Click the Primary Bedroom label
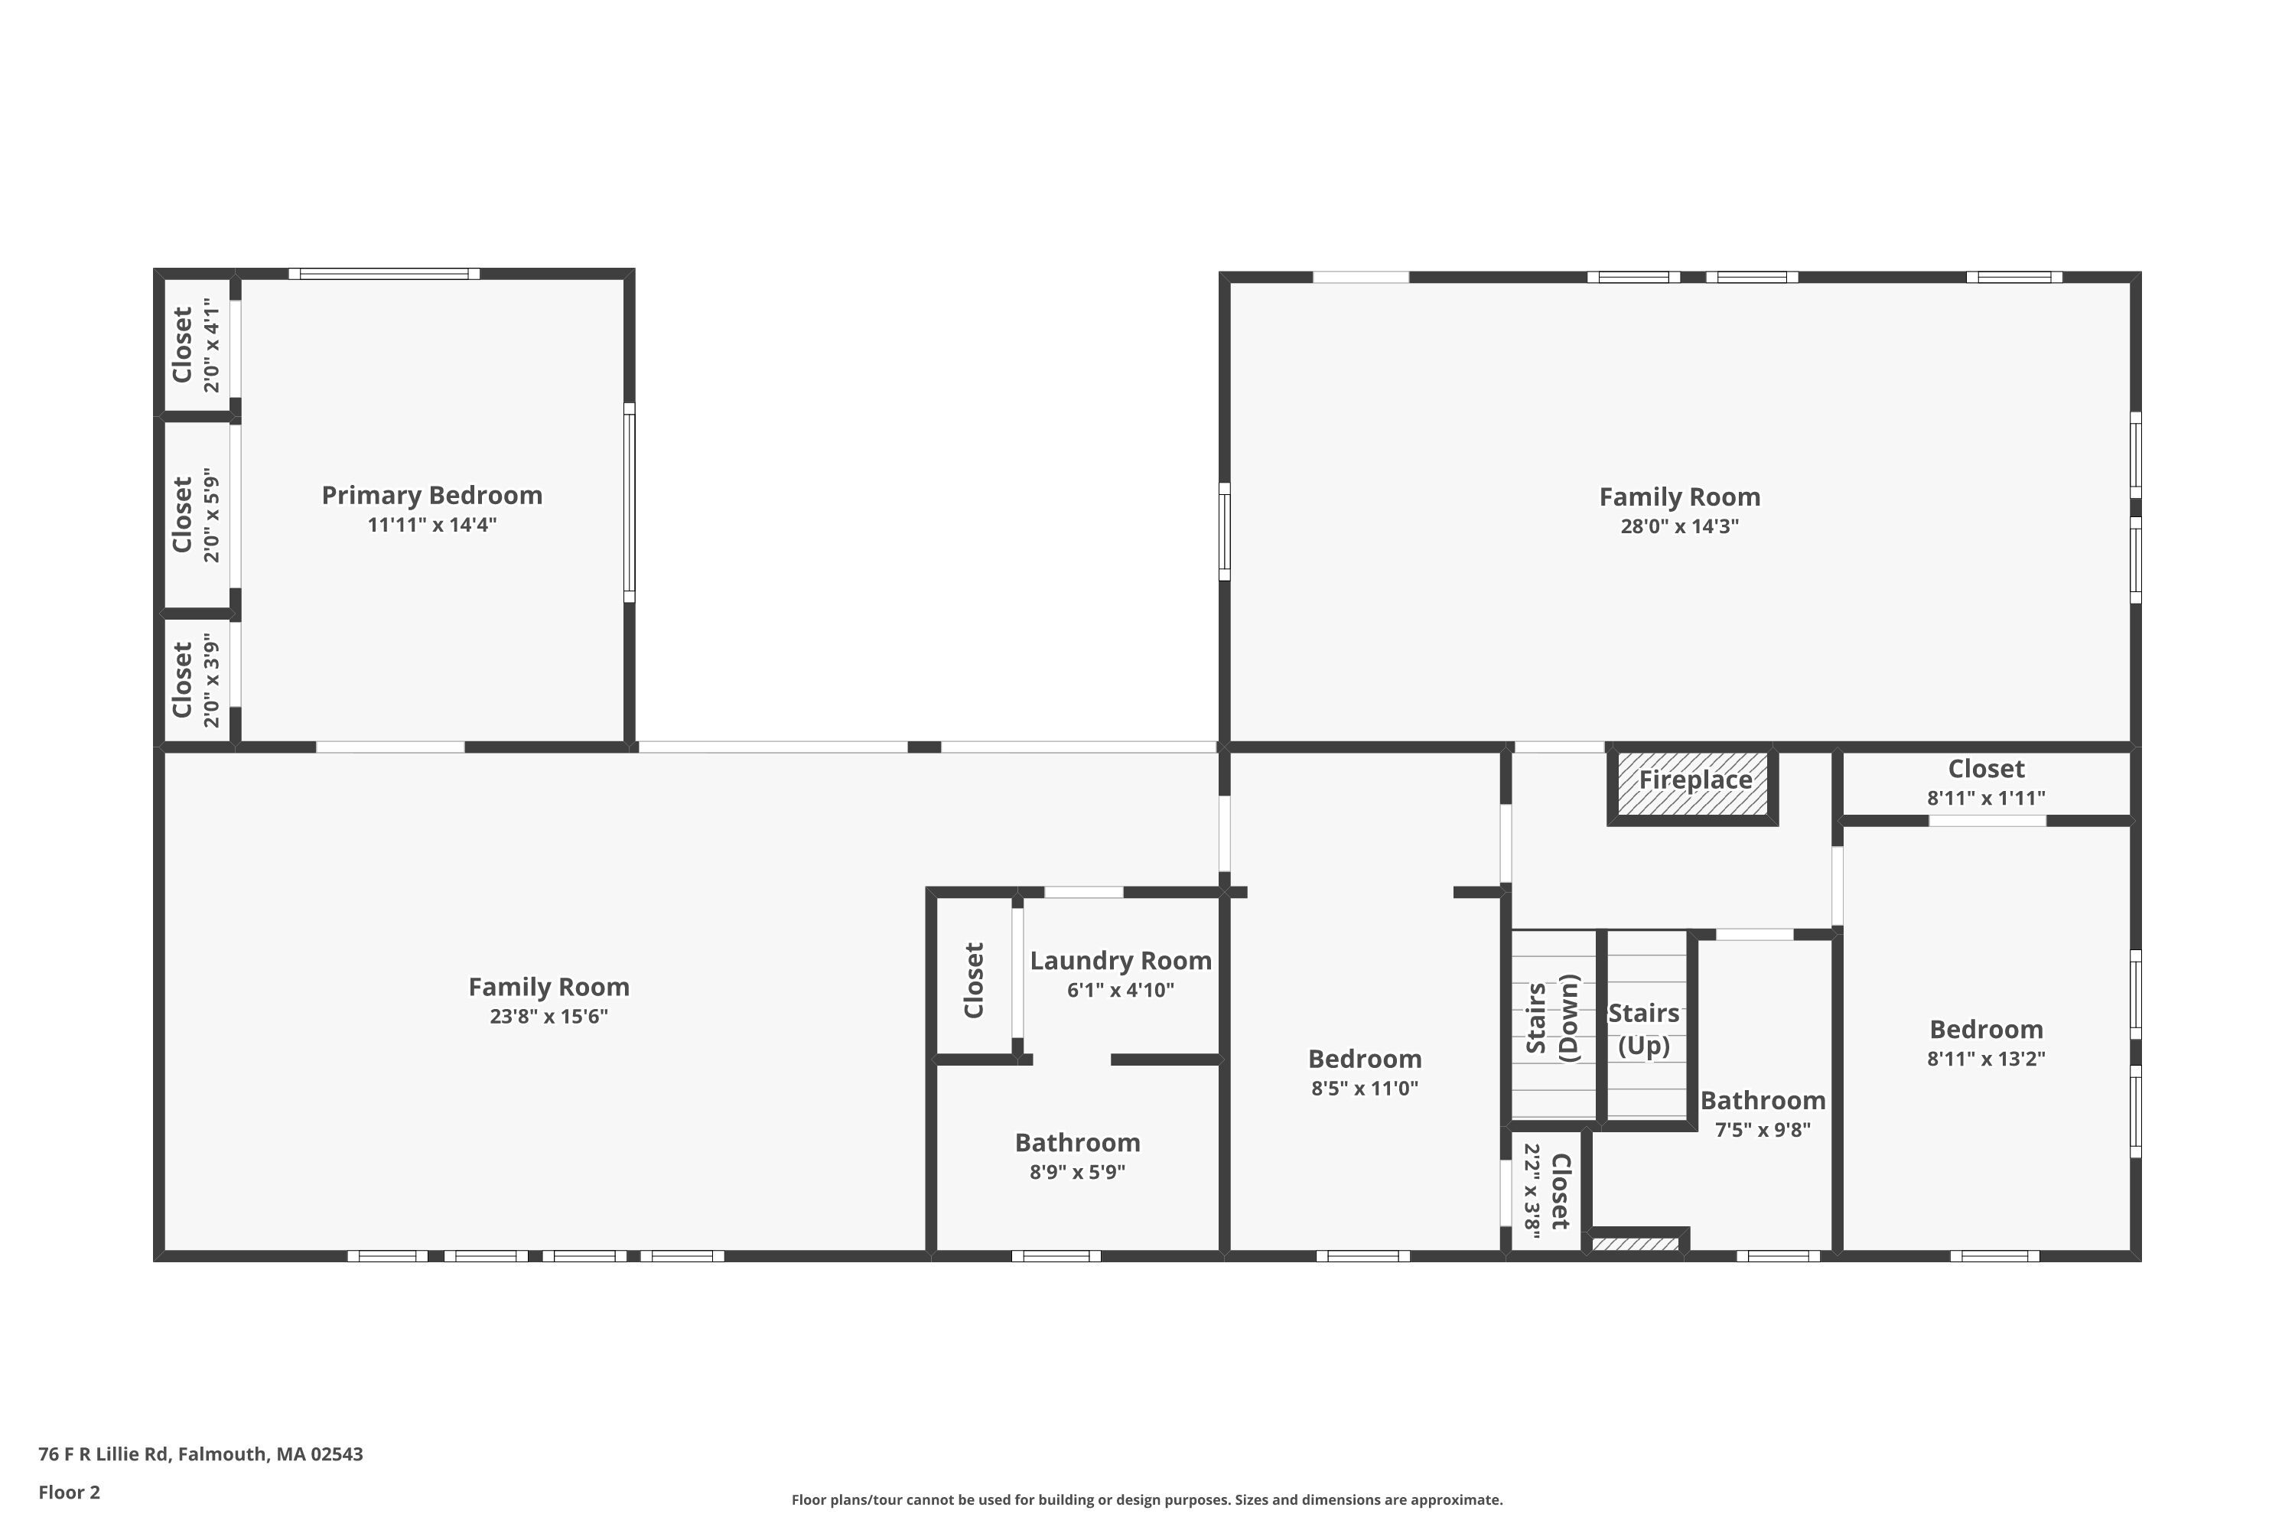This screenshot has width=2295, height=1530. pyautogui.click(x=431, y=496)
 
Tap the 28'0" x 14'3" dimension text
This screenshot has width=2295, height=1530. pyautogui.click(x=1679, y=527)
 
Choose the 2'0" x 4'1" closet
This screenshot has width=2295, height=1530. pyautogui.click(x=196, y=346)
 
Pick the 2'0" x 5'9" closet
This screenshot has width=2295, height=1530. pyautogui.click(x=196, y=514)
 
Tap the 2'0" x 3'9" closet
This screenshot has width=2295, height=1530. pyautogui.click(x=196, y=679)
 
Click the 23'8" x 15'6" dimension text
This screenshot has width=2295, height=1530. pyautogui.click(x=549, y=1017)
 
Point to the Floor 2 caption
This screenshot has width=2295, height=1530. pyautogui.click(x=70, y=1492)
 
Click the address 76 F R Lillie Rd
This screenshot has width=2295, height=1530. pyautogui.click(x=200, y=1454)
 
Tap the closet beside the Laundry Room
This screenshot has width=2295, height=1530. pyautogui.click(x=974, y=980)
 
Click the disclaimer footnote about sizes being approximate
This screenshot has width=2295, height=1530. pyautogui.click(x=1147, y=1499)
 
